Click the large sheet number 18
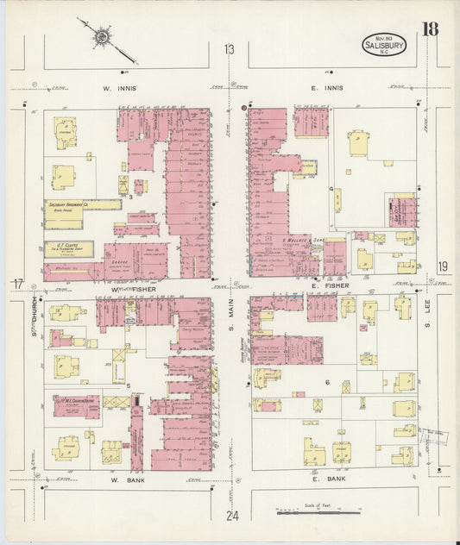click(429, 29)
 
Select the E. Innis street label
click(327, 88)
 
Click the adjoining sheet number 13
click(229, 50)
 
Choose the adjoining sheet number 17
click(17, 285)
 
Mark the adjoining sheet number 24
click(230, 516)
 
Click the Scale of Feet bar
click(319, 512)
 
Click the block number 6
click(328, 380)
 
